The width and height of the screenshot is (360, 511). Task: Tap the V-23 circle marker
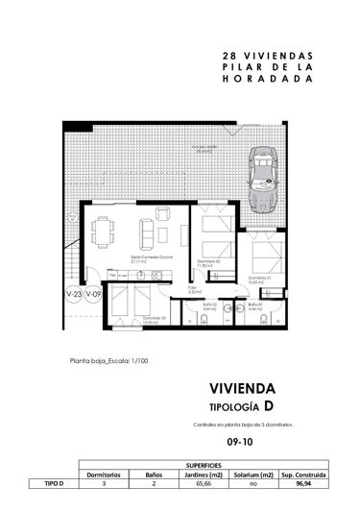73,294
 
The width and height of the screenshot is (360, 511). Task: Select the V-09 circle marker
93,294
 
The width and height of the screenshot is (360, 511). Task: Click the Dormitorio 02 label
209,262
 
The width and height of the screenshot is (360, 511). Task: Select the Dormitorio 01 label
258,279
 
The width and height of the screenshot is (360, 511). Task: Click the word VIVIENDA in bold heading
242,389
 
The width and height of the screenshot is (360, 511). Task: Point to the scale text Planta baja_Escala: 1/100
108,362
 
